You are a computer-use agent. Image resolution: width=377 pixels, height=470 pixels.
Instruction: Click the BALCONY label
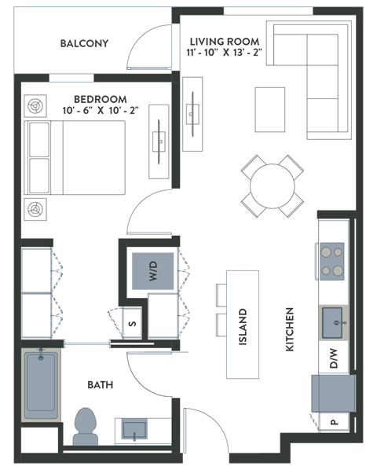pyautogui.click(x=84, y=43)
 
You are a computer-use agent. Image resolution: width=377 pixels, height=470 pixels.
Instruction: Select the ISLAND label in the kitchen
pyautogui.click(x=243, y=322)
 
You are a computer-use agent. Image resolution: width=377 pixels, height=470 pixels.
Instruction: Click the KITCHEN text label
pyautogui.click(x=289, y=328)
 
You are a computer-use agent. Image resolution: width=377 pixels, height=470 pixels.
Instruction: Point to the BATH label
pyautogui.click(x=100, y=385)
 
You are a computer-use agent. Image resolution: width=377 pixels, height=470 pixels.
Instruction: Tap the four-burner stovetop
pyautogui.click(x=331, y=261)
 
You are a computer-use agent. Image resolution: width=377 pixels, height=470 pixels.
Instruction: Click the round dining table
pyautogui.click(x=272, y=185)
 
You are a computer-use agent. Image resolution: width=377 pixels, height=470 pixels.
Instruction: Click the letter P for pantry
pyautogui.click(x=334, y=422)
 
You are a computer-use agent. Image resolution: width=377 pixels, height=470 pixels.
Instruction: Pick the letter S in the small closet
pyautogui.click(x=133, y=322)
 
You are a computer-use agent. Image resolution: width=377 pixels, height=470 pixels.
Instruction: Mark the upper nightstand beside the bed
pyautogui.click(x=35, y=105)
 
